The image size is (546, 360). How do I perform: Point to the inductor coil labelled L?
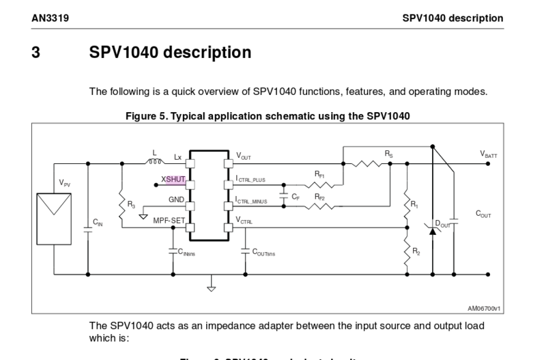[x=155, y=163]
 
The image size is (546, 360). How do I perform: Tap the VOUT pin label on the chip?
[x=244, y=156]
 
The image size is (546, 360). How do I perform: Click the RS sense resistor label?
[x=388, y=155]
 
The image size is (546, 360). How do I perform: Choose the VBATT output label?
[x=489, y=155]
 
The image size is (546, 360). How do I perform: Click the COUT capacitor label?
[x=483, y=214]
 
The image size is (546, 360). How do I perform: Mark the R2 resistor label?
[x=416, y=251]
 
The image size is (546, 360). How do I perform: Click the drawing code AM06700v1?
[x=483, y=308]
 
